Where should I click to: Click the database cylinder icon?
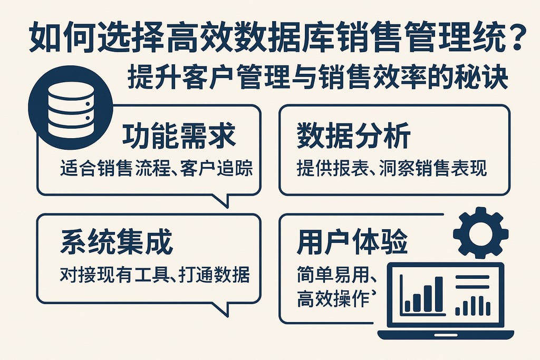(x=70, y=109)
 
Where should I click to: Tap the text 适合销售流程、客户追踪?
(x=157, y=169)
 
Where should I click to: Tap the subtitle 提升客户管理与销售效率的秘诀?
(x=318, y=80)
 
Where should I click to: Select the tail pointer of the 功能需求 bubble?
(x=221, y=200)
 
